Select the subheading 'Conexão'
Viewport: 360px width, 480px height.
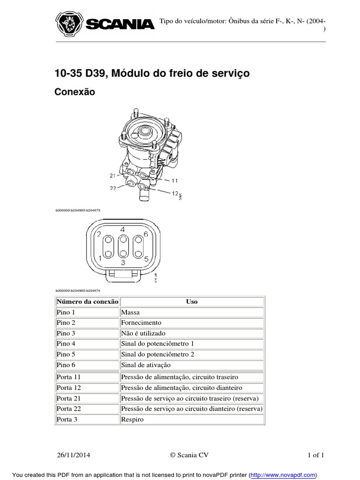[x=75, y=92]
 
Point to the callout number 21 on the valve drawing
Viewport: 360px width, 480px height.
[x=112, y=176]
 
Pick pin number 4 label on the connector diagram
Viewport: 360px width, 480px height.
[x=122, y=229]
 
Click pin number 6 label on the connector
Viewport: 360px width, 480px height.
[x=146, y=234]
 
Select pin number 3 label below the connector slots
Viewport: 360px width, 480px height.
[x=122, y=263]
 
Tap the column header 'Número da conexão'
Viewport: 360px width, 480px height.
[x=87, y=301]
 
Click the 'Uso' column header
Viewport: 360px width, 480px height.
[x=192, y=301]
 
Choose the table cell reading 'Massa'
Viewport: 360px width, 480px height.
[x=130, y=312]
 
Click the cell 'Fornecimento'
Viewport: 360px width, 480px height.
[x=141, y=322]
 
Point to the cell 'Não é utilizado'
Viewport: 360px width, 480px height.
[x=143, y=333]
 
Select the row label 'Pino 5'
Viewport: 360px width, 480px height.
[x=66, y=354]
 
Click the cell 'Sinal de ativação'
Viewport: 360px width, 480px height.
[x=146, y=365]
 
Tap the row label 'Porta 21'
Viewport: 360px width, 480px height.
[x=68, y=398]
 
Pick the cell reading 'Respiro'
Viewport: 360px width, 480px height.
[x=132, y=420]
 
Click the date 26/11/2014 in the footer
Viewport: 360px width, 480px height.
[x=75, y=455]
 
